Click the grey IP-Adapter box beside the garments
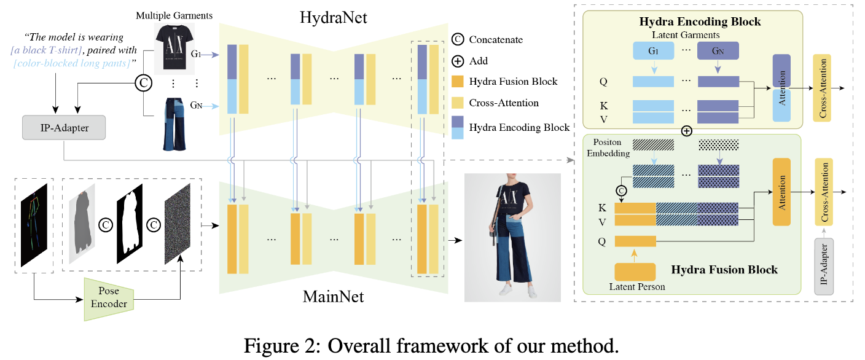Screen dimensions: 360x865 (63, 128)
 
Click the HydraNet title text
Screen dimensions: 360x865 (334, 18)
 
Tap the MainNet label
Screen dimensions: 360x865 (334, 297)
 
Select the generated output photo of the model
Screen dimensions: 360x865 (512, 237)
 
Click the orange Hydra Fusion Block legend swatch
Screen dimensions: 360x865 (456, 82)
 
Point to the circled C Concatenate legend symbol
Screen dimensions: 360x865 (456, 39)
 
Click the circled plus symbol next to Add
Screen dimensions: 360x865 (456, 61)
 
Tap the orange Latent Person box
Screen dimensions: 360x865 (635, 272)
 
